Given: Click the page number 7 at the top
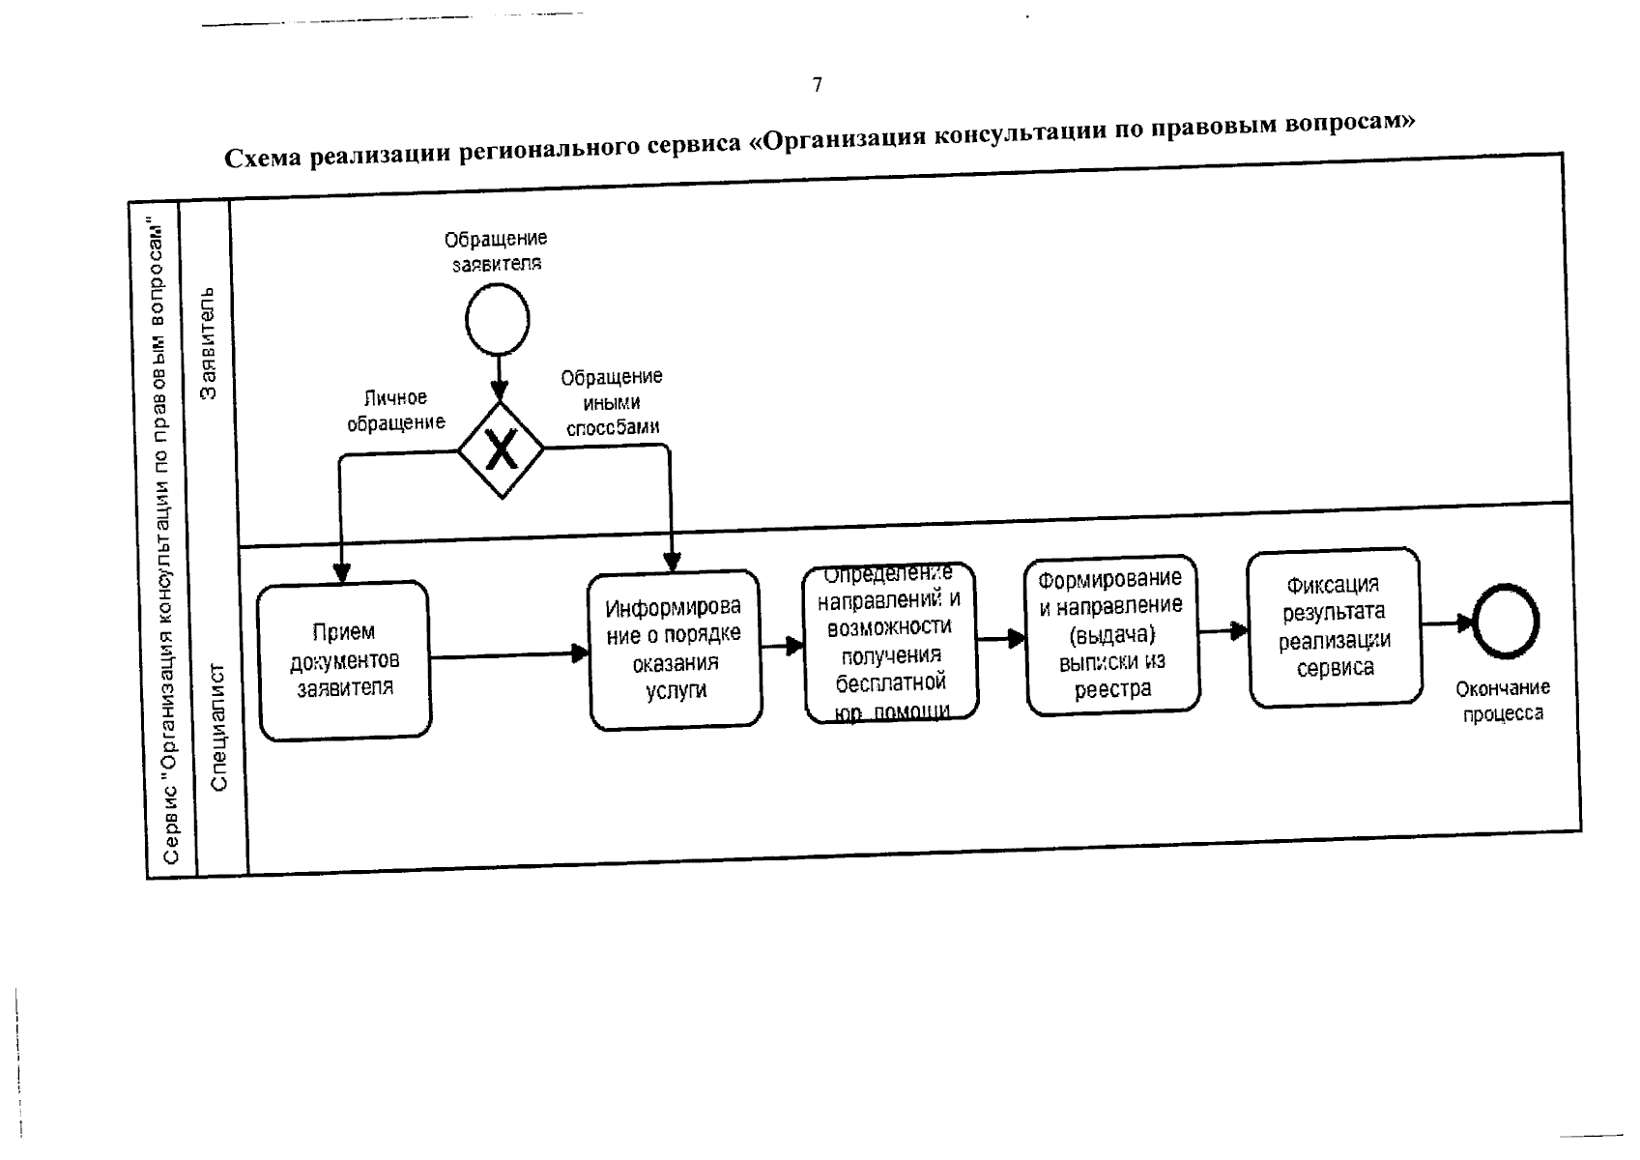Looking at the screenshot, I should tap(818, 85).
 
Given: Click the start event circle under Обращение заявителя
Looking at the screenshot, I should tap(498, 320).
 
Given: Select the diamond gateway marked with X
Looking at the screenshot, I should tap(502, 449).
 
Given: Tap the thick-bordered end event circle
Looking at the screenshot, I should tap(1505, 621).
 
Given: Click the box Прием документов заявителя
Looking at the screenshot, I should tap(344, 660).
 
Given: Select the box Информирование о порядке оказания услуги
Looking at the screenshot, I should tap(675, 649).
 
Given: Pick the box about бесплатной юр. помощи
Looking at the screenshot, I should tap(890, 642).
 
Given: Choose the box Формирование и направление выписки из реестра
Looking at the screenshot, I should tap(1112, 634).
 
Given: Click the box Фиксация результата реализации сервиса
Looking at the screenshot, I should tap(1335, 626).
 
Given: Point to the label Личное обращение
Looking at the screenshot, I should tap(396, 410).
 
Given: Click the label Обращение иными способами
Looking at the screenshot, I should tap(612, 401).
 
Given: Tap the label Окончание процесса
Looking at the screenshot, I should tap(1503, 701).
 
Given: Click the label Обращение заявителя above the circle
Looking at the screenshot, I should tap(496, 249).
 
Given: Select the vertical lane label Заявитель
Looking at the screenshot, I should tap(208, 342).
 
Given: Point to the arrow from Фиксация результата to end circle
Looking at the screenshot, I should tap(1447, 623).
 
